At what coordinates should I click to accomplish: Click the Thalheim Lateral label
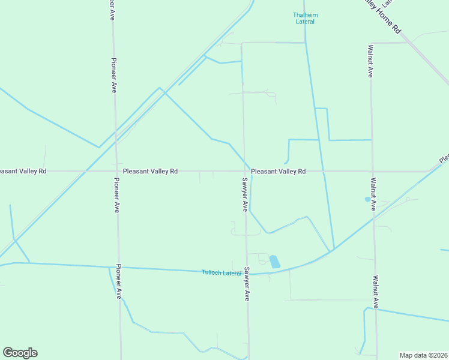pos(305,18)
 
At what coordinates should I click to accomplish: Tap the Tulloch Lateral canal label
pos(222,273)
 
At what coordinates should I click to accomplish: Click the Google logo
pos(20,353)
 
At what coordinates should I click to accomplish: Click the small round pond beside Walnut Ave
pos(367,199)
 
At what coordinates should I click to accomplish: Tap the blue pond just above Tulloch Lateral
pos(274,262)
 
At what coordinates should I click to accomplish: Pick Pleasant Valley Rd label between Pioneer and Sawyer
pos(150,171)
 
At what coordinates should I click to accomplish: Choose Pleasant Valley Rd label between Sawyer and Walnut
pos(278,171)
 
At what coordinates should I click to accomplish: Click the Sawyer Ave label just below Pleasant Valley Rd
pos(245,194)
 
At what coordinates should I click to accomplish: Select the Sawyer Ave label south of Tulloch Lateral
pos(246,284)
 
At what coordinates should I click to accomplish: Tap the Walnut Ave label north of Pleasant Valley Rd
pos(371,61)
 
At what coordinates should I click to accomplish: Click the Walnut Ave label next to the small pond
pos(373,193)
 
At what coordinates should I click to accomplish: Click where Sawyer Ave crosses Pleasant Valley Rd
pos(244,171)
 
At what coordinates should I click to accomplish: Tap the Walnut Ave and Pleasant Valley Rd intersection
pos(373,171)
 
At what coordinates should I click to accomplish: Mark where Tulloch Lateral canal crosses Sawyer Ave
pos(246,274)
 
